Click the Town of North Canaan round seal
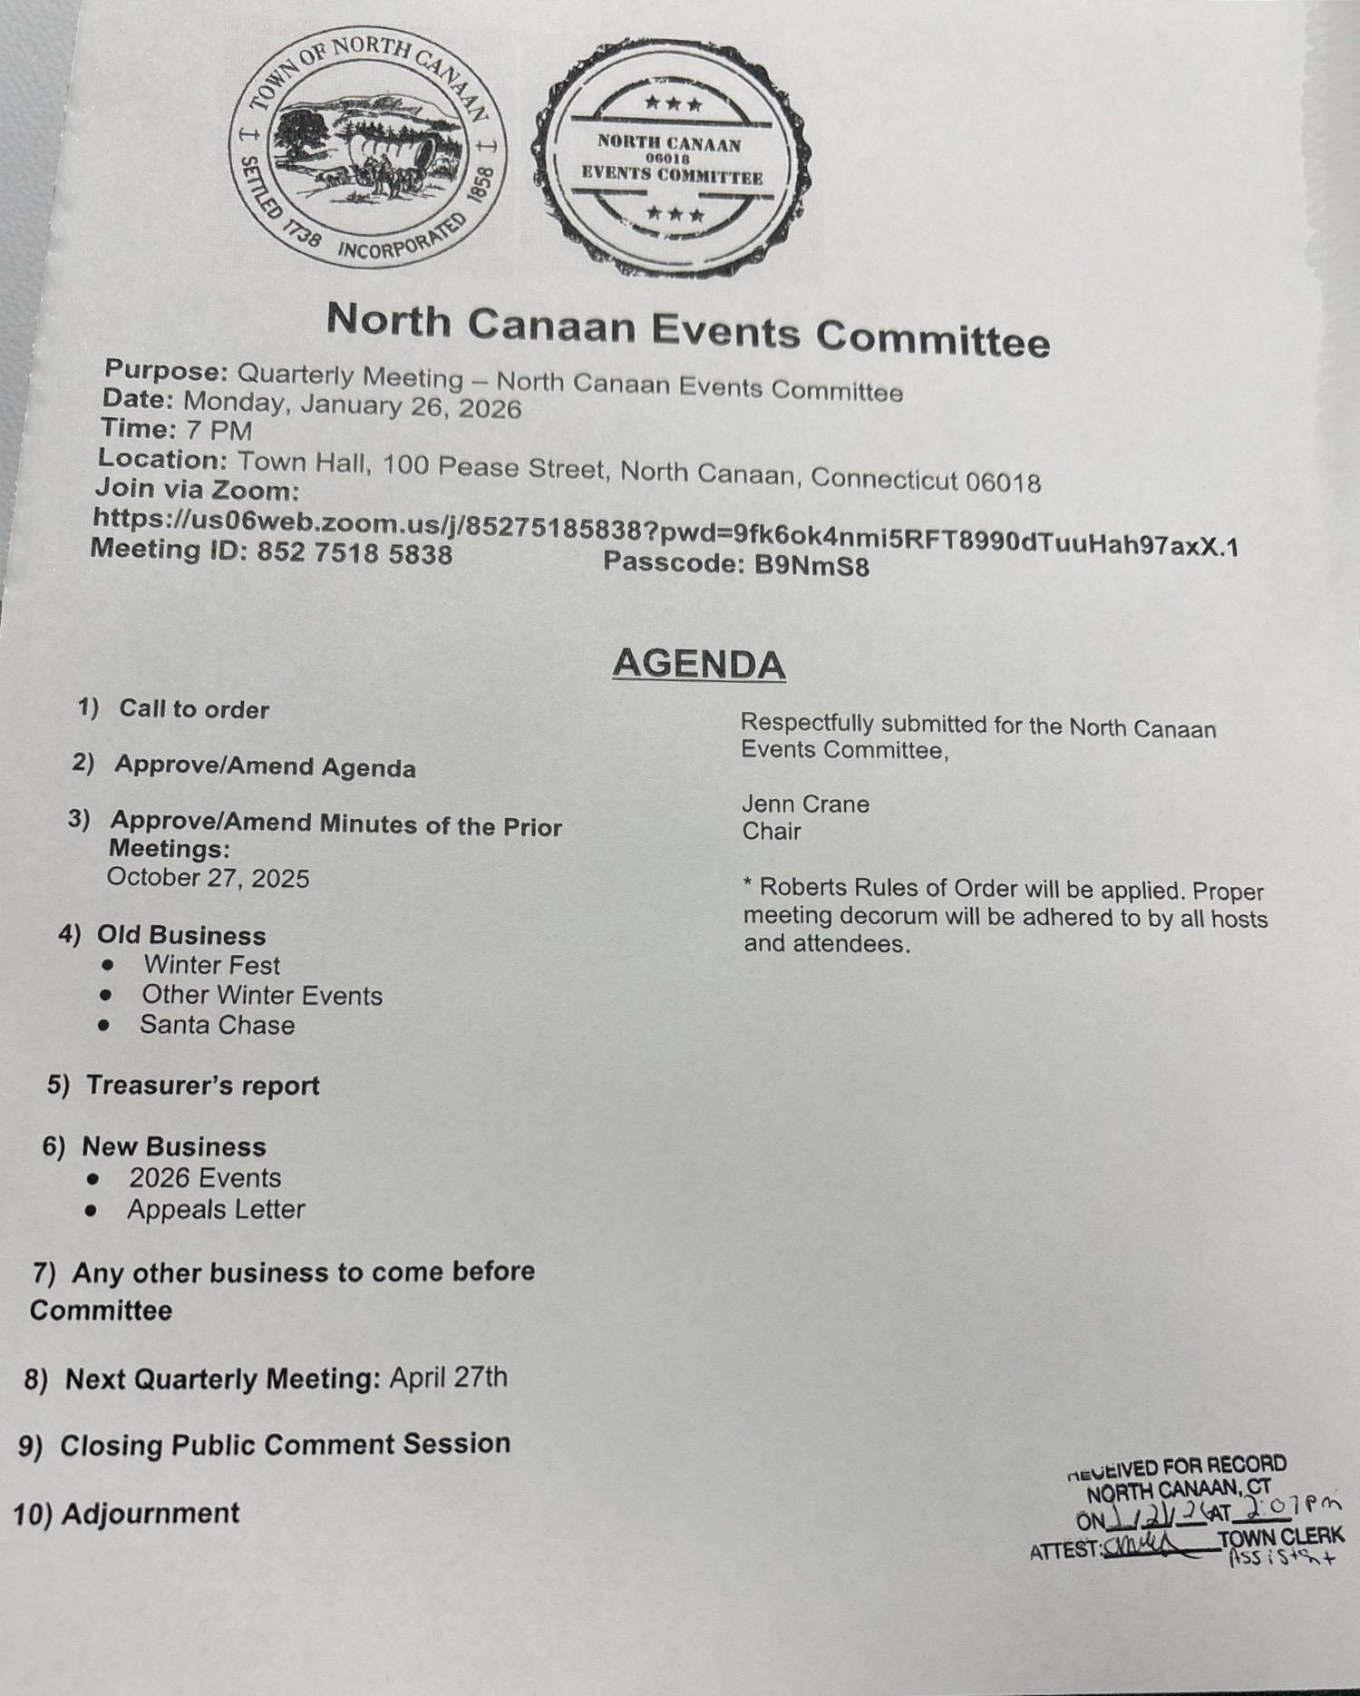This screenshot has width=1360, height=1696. [363, 147]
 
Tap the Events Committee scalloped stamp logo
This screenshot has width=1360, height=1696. [672, 159]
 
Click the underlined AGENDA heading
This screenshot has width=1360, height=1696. [698, 665]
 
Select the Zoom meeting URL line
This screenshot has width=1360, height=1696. [665, 532]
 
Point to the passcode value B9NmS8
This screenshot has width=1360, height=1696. [812, 566]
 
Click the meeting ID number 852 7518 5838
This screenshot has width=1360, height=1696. [355, 552]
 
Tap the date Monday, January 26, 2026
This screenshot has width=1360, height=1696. [352, 405]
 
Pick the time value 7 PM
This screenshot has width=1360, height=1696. [218, 431]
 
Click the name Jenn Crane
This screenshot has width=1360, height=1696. [805, 804]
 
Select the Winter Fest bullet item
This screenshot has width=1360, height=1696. [211, 965]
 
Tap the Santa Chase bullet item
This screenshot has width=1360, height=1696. [217, 1025]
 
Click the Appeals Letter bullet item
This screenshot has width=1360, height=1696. [216, 1209]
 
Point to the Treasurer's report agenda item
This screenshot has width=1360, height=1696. [202, 1086]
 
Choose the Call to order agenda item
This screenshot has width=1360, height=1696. [194, 709]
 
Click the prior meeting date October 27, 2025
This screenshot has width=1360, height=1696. [208, 878]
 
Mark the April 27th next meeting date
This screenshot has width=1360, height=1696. [449, 1378]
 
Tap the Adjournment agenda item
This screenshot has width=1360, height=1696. [151, 1513]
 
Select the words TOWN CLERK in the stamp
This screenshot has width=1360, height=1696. [1280, 1538]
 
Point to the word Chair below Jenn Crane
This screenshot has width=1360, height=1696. [771, 831]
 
